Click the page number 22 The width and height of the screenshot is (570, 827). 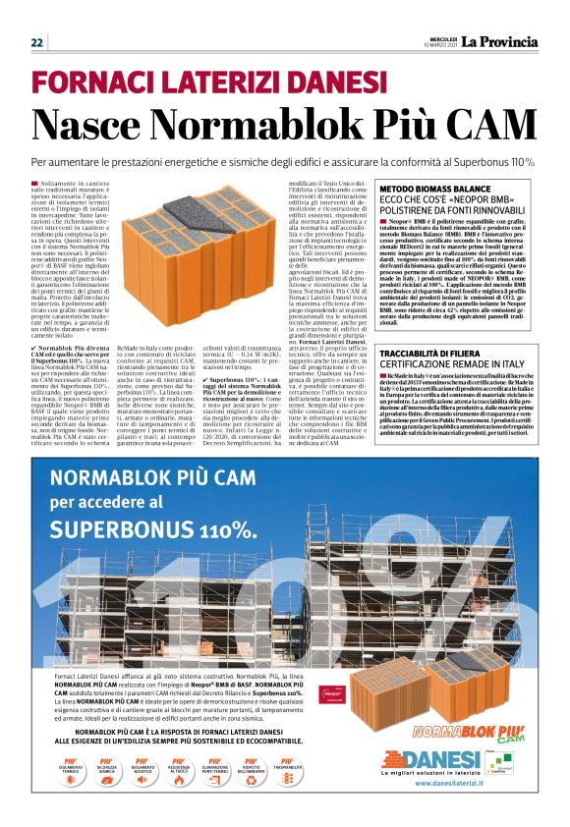pos(37,42)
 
